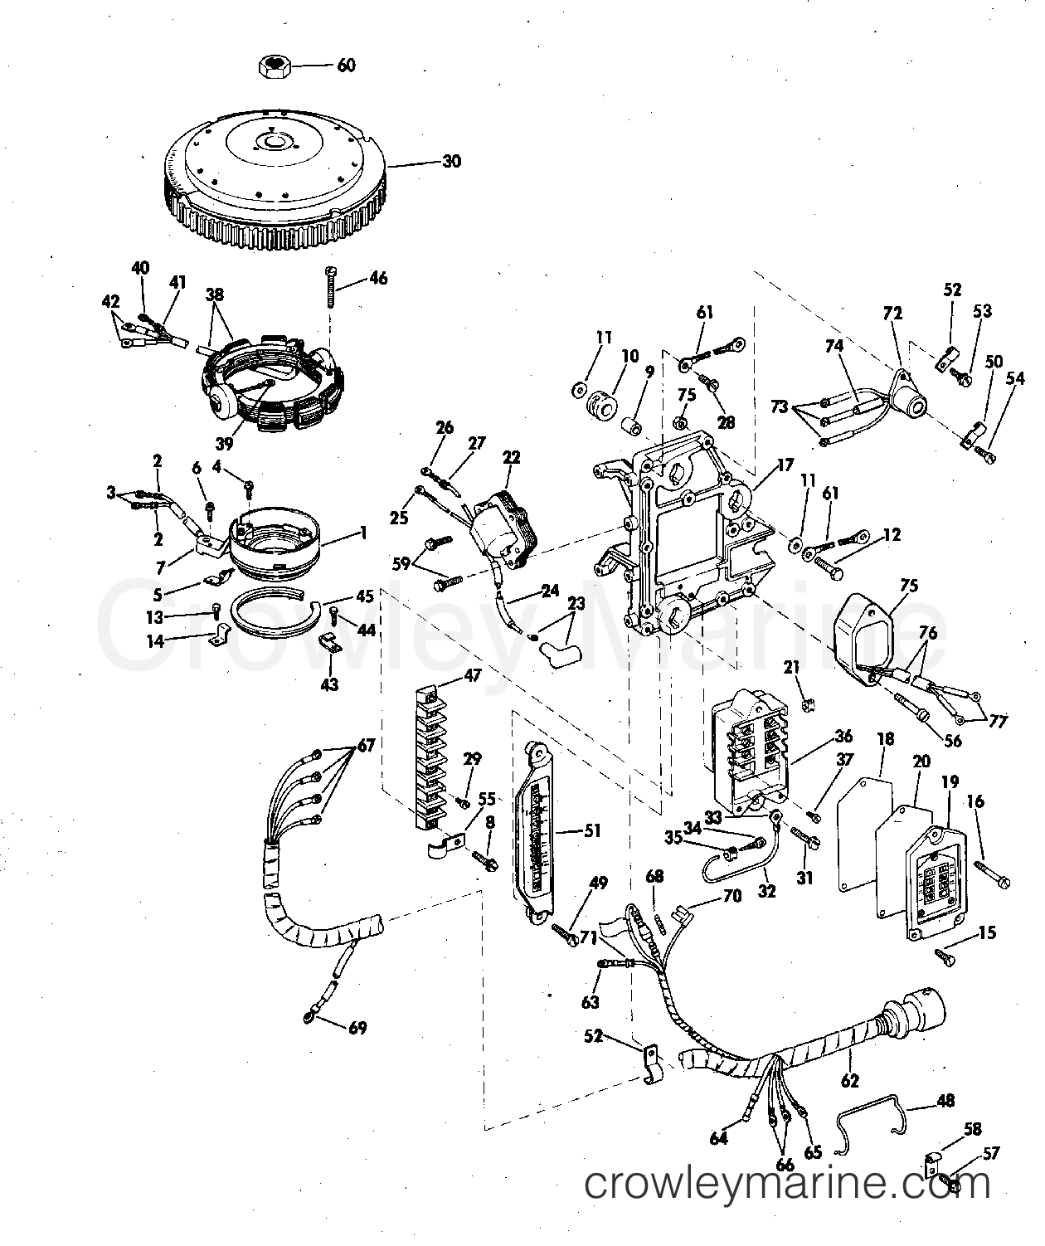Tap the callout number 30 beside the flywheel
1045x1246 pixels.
click(450, 161)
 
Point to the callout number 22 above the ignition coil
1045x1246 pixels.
click(511, 457)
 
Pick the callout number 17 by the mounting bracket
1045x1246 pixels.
click(785, 465)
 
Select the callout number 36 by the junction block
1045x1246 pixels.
click(843, 736)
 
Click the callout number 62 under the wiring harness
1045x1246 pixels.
click(849, 1080)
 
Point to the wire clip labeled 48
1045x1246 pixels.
click(871, 1116)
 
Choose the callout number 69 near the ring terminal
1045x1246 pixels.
click(357, 1029)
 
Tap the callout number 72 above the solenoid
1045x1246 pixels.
click(892, 314)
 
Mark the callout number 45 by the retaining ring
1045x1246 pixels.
click(365, 596)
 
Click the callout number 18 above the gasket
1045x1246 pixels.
click(886, 738)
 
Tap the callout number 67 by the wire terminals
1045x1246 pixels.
click(365, 745)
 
